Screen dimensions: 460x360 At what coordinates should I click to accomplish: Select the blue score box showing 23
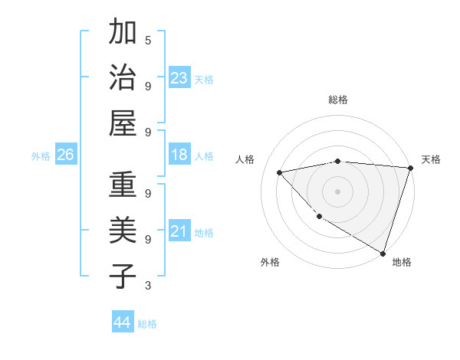(x=179, y=77)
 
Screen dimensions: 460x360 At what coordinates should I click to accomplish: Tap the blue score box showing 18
(x=179, y=155)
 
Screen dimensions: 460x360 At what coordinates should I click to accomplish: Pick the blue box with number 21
(x=179, y=231)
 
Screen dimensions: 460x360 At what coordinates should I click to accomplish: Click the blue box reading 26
(x=65, y=155)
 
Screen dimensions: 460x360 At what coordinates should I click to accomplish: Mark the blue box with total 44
(x=123, y=322)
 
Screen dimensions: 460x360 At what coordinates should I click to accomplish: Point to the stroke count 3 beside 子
(x=148, y=286)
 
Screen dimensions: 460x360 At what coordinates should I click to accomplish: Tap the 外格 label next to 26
(x=41, y=156)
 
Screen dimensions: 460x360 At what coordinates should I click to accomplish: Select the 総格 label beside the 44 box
(x=147, y=324)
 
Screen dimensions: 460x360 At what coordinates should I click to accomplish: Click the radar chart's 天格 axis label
(x=431, y=159)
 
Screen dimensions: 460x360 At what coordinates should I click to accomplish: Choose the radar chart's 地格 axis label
(x=402, y=262)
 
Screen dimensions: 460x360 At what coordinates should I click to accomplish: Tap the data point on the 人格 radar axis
(x=280, y=172)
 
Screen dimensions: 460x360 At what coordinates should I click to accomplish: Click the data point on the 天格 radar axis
(x=410, y=168)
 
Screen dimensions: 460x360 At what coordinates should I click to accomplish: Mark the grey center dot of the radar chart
(x=337, y=191)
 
